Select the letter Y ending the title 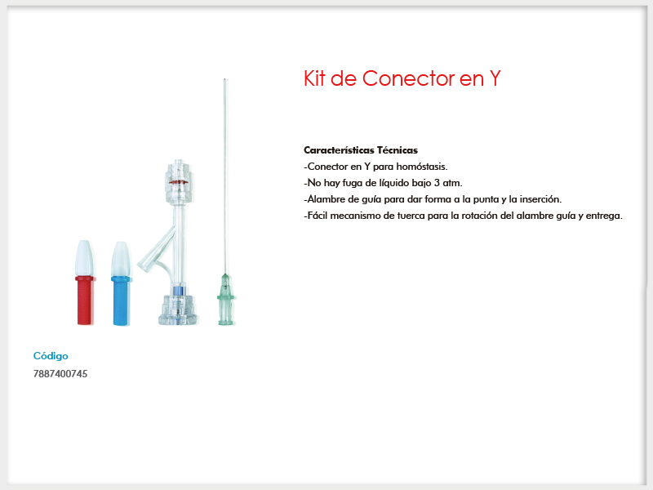(x=495, y=78)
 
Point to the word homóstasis (x=422, y=167)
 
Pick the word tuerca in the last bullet (x=411, y=216)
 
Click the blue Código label (x=51, y=356)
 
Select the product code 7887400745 (x=60, y=374)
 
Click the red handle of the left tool (x=86, y=301)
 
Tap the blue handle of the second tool (x=121, y=301)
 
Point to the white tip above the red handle (x=84, y=258)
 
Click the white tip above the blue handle (x=121, y=259)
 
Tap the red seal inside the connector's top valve (x=178, y=182)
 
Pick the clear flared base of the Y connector (x=178, y=310)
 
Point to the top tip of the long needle (x=225, y=78)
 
